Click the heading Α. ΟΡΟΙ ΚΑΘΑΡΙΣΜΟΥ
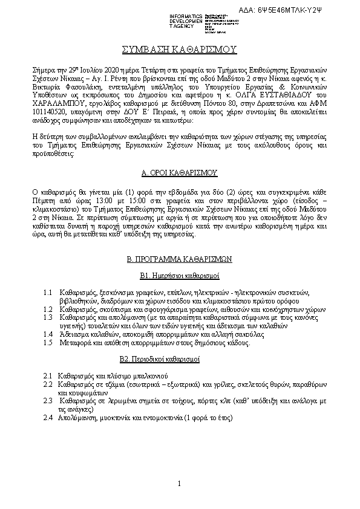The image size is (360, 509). [x=179, y=173]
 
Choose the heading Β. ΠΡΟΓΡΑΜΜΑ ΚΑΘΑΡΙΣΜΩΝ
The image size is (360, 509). [x=179, y=259]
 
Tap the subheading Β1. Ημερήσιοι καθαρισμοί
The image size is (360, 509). [x=179, y=276]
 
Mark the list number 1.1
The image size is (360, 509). [x=49, y=293]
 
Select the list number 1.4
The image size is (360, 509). [x=49, y=334]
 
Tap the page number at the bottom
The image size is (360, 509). [x=180, y=482]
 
